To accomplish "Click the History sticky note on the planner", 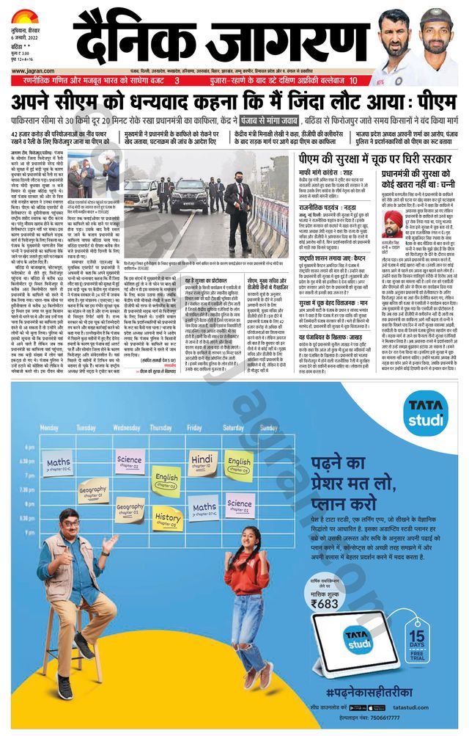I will pos(168,517).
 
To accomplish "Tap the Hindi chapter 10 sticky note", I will pos(203,462).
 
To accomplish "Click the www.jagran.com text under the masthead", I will pos(29,70).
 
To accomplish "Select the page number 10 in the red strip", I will pos(353,81).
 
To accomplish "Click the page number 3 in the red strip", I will pos(177,81).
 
